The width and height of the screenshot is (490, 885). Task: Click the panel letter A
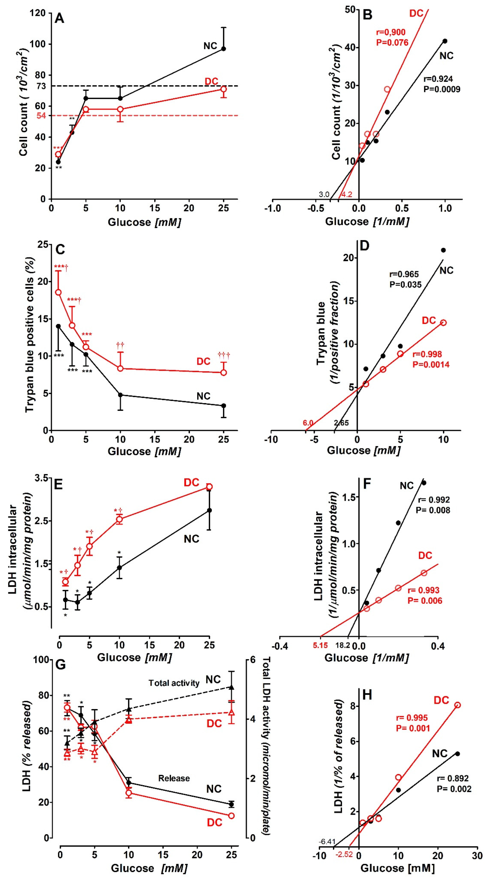coord(59,18)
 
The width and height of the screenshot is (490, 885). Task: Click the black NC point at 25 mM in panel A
coord(224,49)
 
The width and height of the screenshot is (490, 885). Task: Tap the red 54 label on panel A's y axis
coord(41,116)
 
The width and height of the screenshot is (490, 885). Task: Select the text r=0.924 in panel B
coord(438,79)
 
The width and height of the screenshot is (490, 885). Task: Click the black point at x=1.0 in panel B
coord(445,41)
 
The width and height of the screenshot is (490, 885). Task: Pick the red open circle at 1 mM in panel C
coord(58,292)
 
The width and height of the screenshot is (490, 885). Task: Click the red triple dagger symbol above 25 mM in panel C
coord(224,355)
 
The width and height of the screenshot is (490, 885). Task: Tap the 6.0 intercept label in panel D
coord(308,423)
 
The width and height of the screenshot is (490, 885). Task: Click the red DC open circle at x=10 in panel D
coord(443,323)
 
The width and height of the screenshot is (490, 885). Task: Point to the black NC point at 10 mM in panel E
coord(120,568)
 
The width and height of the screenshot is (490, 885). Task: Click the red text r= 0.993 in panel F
coord(423,590)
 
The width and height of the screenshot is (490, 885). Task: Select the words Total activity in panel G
coord(174,683)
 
